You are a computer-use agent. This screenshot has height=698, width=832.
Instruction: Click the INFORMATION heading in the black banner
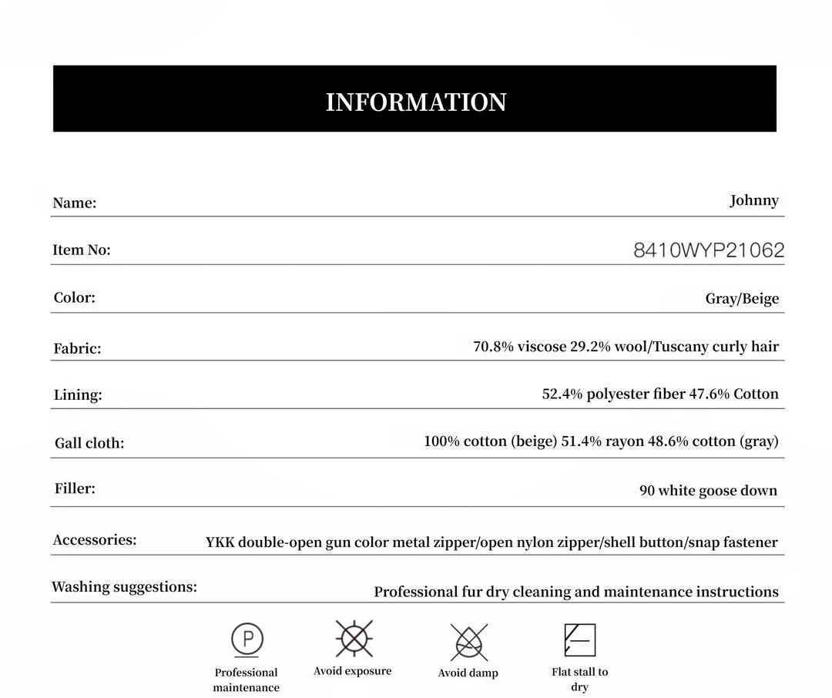[x=416, y=102]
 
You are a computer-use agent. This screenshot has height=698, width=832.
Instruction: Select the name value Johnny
[x=754, y=200]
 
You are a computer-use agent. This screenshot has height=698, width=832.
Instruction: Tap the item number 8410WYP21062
[x=709, y=250]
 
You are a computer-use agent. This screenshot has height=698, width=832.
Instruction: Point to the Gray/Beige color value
[x=742, y=299]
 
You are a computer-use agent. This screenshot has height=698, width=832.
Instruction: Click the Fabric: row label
[x=77, y=348]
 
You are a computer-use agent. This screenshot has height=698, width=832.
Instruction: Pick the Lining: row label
[x=78, y=395]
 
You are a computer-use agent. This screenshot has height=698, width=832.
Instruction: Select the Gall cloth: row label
[x=89, y=443]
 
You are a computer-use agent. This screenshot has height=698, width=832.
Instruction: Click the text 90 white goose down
[x=708, y=491]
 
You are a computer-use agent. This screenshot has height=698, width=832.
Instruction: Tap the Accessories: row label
[x=95, y=540]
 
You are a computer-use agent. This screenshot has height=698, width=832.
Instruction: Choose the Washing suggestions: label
[x=124, y=587]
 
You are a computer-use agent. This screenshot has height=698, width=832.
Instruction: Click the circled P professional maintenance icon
[x=247, y=639]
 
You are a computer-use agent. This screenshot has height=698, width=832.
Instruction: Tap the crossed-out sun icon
[x=354, y=639]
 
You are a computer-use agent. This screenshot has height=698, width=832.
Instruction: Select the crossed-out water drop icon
[x=468, y=641]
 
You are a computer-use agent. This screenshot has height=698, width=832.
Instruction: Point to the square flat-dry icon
[x=580, y=640]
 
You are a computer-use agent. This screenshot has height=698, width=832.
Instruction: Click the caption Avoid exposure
[x=352, y=671]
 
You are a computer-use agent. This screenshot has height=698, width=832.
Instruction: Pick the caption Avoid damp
[x=468, y=673]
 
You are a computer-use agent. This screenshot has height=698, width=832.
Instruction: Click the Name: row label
[x=75, y=203]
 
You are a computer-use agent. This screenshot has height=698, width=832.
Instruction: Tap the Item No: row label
[x=82, y=250]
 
